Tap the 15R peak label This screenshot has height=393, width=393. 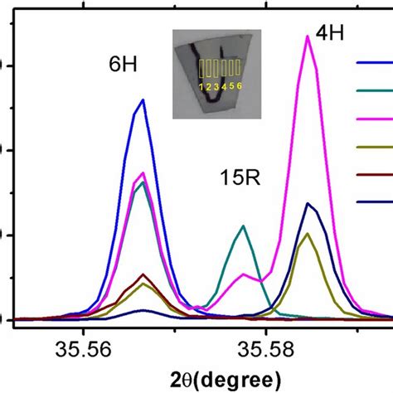coord(240,178)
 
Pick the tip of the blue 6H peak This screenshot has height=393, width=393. coord(143,99)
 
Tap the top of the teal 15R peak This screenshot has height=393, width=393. coord(242,226)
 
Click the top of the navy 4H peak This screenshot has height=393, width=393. coord(308,202)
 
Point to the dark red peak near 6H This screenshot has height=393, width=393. coord(143,274)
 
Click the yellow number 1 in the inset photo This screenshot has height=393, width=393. coord(201,86)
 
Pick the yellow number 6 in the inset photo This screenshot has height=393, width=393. coord(239,86)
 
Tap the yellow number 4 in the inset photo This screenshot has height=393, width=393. coord(224,86)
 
